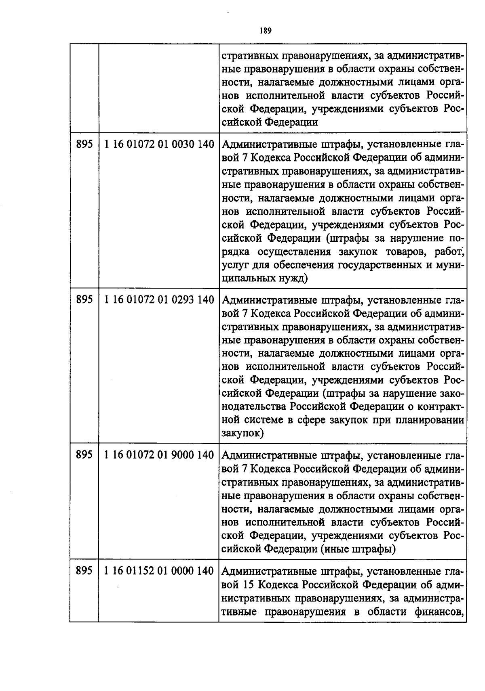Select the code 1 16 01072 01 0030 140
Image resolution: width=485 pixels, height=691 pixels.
(x=159, y=144)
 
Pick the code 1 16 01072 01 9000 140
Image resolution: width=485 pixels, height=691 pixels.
(x=159, y=455)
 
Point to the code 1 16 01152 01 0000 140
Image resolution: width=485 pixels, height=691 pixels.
(x=159, y=571)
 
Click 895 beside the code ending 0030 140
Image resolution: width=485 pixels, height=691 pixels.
(x=84, y=144)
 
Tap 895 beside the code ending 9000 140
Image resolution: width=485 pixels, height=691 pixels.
(x=84, y=455)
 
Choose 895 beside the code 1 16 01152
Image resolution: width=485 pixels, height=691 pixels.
(x=84, y=571)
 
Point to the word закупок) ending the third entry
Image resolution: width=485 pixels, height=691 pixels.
(x=243, y=433)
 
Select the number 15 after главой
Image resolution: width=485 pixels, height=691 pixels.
(x=249, y=584)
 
